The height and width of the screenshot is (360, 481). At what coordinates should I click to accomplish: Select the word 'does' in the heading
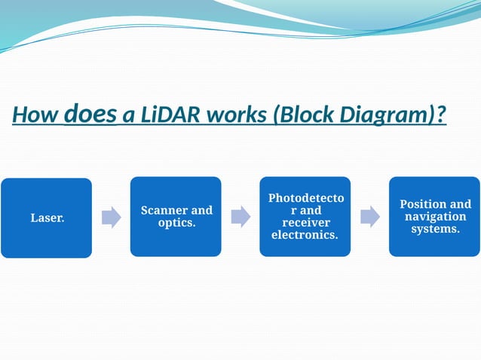click(90, 114)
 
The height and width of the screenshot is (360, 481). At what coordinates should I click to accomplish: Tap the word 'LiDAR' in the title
click(164, 116)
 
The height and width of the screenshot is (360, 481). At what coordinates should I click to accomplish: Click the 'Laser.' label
click(47, 218)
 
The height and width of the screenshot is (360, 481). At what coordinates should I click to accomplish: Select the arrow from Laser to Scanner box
click(111, 217)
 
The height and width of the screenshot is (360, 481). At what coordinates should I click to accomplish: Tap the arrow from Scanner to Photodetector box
click(240, 217)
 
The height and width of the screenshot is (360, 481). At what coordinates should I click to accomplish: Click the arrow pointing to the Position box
click(369, 217)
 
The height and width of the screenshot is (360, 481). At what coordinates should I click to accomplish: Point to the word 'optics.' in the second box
click(176, 223)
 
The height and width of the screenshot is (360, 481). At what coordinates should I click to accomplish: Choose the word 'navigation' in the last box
click(435, 217)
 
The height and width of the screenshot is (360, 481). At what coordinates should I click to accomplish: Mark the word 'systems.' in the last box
click(435, 229)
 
